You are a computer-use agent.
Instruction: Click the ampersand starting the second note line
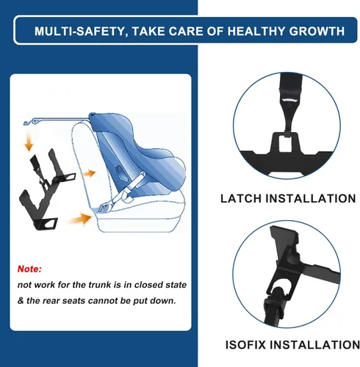point(21,299)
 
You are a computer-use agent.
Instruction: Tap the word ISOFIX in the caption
point(243,345)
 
